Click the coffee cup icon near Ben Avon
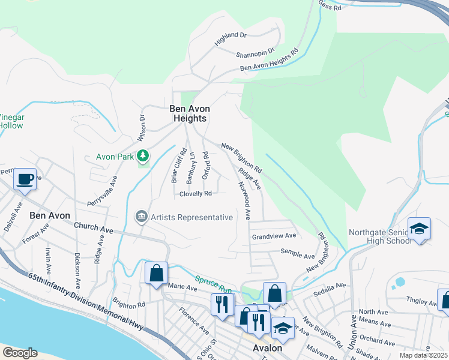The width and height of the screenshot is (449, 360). coord(25,179)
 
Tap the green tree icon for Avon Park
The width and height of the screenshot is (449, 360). coord(143,157)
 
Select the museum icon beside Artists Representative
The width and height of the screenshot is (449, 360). coord(141,217)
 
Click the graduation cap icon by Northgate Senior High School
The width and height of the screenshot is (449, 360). coord(419,229)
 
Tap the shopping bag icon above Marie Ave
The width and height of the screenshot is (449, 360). coord(156,273)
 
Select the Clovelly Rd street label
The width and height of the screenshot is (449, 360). coord(196,194)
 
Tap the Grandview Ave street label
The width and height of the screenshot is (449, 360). coord(274,236)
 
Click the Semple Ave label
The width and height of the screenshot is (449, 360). coord(294,254)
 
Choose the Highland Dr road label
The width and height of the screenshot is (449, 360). coord(231,40)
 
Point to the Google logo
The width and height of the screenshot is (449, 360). coord(19,353)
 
